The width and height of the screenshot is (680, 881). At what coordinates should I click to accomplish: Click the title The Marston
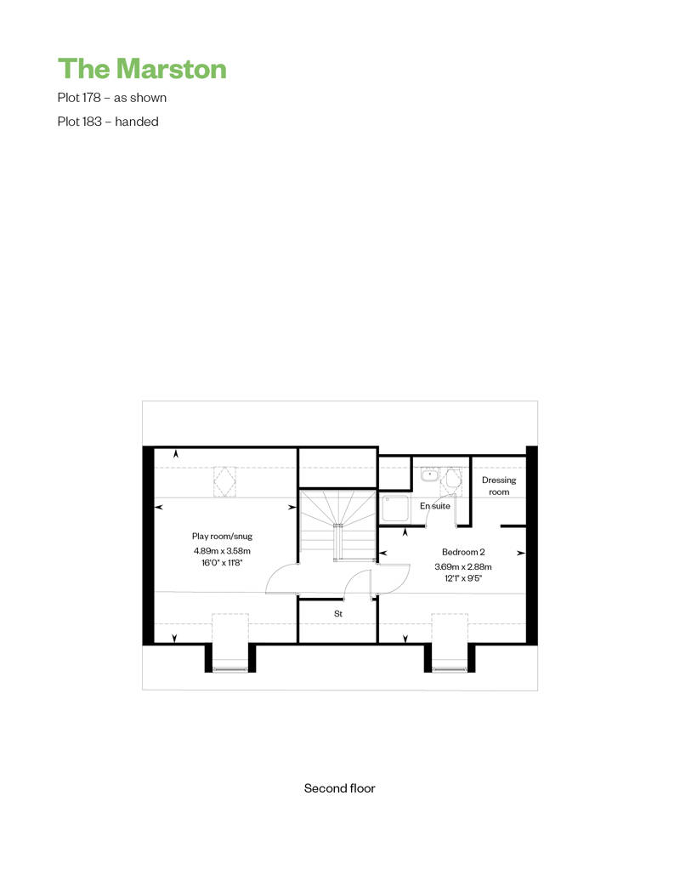pyautogui.click(x=142, y=69)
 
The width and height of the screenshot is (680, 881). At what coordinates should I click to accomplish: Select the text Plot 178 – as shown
pyautogui.click(x=111, y=98)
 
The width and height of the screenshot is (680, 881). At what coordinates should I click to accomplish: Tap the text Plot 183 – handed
pyautogui.click(x=108, y=122)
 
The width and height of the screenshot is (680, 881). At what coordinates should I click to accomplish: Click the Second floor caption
pyautogui.click(x=340, y=788)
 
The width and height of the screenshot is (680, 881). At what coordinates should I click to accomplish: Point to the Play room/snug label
pyautogui.click(x=222, y=537)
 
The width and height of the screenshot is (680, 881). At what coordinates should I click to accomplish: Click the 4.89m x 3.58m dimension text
pyautogui.click(x=222, y=551)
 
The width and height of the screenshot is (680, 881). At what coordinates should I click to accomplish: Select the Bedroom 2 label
pyautogui.click(x=463, y=552)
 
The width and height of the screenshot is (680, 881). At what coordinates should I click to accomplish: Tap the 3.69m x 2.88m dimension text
pyautogui.click(x=463, y=567)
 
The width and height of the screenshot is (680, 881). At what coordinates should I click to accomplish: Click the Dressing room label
pyautogui.click(x=499, y=486)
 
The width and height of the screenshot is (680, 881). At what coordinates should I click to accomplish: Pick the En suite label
pyautogui.click(x=435, y=506)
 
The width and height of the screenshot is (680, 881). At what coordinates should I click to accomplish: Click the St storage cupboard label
pyautogui.click(x=338, y=614)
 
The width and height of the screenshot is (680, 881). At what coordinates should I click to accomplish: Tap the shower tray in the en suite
pyautogui.click(x=395, y=509)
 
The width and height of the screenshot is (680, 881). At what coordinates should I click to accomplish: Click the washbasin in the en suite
pyautogui.click(x=429, y=475)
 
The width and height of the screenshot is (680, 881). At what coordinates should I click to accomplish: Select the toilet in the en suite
pyautogui.click(x=454, y=480)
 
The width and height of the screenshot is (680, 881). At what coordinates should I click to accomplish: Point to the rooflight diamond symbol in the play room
pyautogui.click(x=224, y=481)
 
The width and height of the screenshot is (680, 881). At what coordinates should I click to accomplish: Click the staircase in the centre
pyautogui.click(x=337, y=526)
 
